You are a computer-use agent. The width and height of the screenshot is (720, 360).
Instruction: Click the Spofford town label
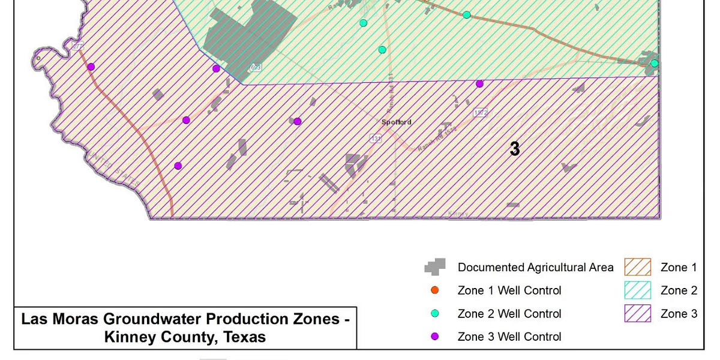(x=397, y=122)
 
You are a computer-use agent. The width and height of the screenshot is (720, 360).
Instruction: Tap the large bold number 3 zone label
(x=514, y=149)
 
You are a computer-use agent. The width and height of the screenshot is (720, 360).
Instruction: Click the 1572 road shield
(x=481, y=113)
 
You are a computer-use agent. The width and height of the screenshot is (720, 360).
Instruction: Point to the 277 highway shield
(x=77, y=46)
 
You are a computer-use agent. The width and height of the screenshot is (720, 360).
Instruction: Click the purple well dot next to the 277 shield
(x=91, y=67)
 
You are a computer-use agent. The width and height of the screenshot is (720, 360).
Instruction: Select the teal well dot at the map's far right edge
(x=655, y=63)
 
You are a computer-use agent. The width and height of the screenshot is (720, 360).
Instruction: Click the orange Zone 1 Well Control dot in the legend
(x=435, y=290)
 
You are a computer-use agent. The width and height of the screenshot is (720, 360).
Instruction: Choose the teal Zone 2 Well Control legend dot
(x=435, y=314)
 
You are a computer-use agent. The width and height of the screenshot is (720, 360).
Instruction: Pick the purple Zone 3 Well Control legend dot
(x=435, y=337)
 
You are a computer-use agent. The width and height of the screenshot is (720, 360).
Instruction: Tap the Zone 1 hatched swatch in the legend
(x=637, y=268)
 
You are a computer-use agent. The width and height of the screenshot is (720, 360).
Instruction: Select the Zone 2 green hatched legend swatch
(x=637, y=290)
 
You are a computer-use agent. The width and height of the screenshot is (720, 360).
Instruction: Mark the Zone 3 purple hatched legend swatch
(x=637, y=314)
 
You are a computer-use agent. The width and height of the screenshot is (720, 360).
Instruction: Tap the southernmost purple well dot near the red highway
(x=178, y=166)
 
